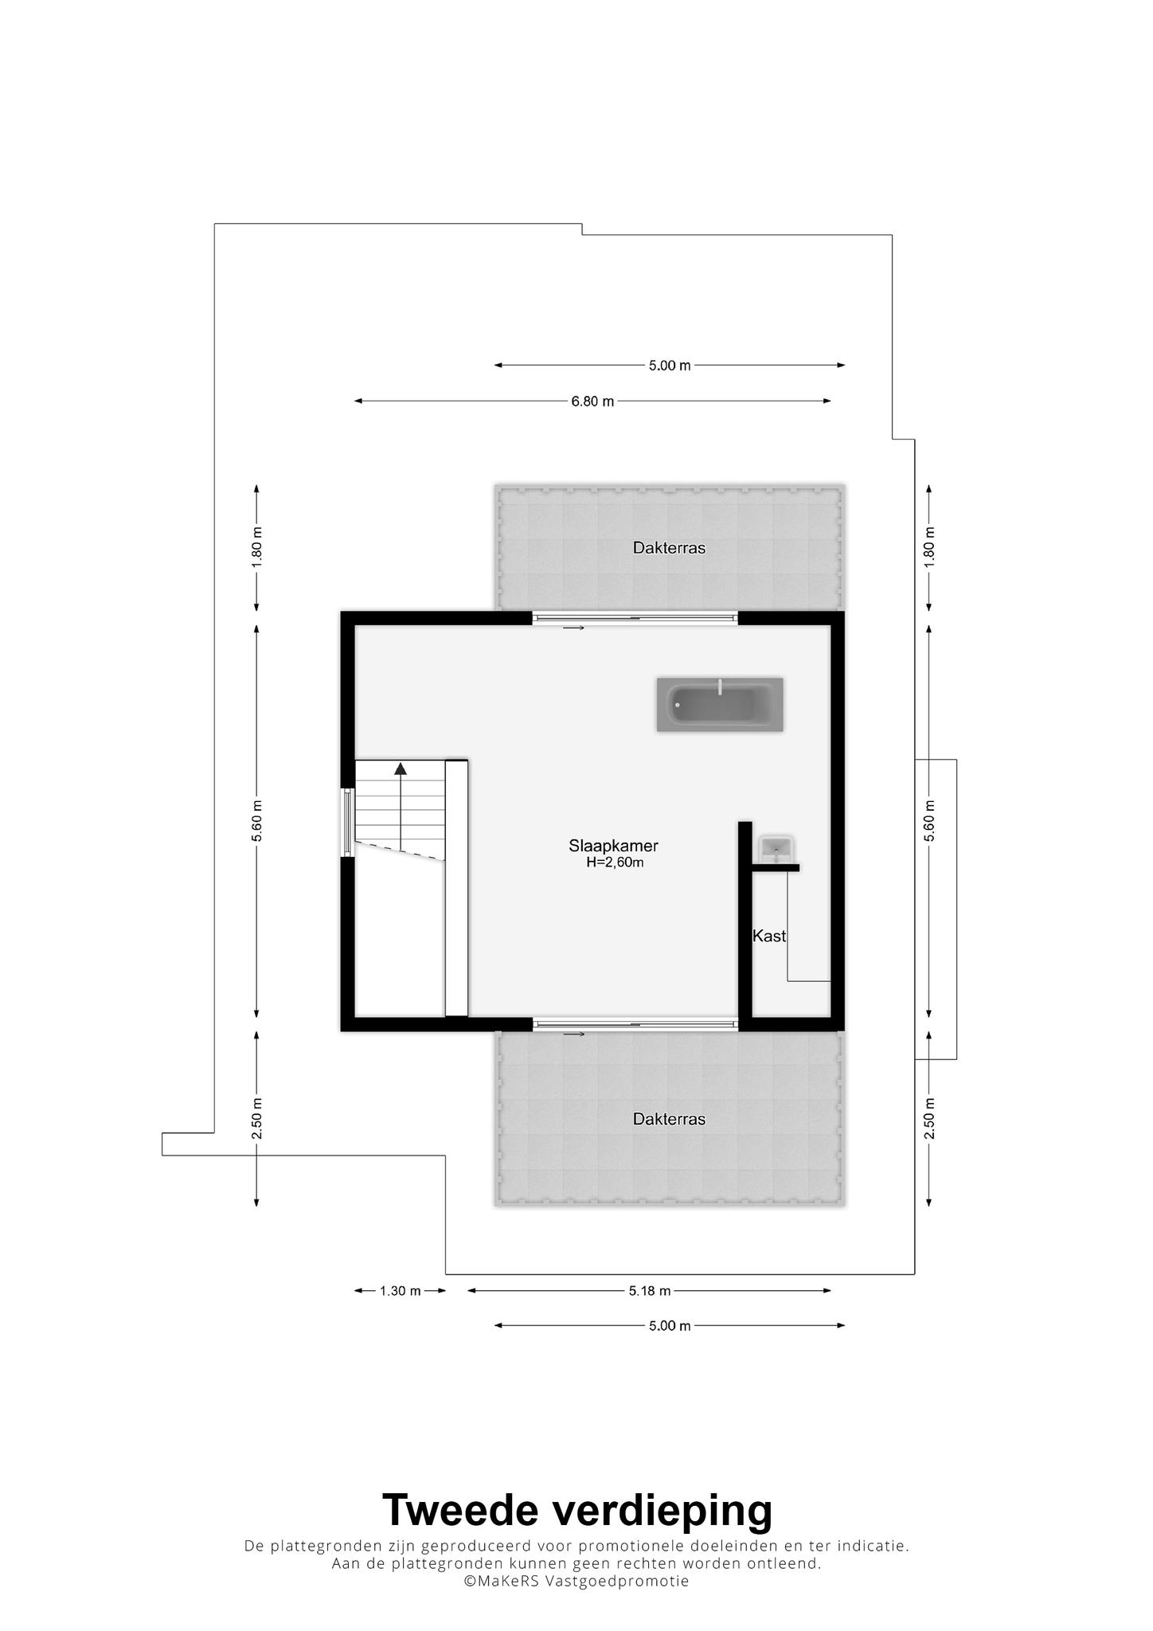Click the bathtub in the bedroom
tap(719, 704)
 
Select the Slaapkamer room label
tap(613, 846)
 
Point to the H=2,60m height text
tap(614, 862)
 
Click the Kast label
tap(769, 936)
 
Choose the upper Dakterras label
tap(669, 548)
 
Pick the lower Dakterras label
tap(669, 1119)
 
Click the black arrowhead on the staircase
tap(401, 769)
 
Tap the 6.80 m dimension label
tap(592, 401)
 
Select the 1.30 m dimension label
tap(400, 1291)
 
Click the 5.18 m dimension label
tap(650, 1291)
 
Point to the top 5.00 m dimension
tap(670, 366)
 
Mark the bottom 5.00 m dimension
tap(670, 1326)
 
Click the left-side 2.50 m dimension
tap(256, 1118)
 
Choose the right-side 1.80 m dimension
tap(929, 547)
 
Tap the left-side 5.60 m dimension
tap(256, 820)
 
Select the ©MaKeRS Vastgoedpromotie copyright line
tap(577, 1581)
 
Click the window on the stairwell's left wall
tap(347, 822)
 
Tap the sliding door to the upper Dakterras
tap(635, 618)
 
